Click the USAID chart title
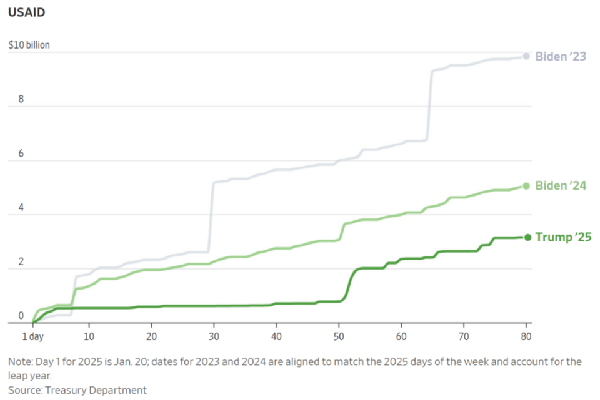tap(26, 12)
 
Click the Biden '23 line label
tap(561, 57)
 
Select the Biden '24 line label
tap(561, 185)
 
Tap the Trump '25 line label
tap(563, 237)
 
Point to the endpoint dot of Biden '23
tap(526, 56)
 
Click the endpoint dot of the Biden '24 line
tap(526, 185)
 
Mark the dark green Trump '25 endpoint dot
tap(527, 237)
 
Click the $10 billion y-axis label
tap(29, 46)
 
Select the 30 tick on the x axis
tap(213, 335)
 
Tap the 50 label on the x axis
tap(338, 335)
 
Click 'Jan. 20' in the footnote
tap(137, 362)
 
